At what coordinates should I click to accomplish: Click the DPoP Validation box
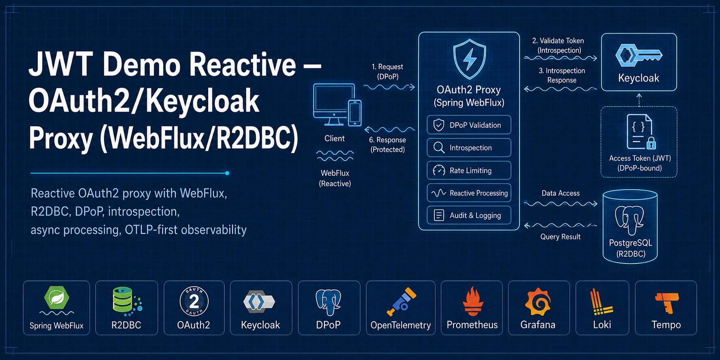[x=469, y=125]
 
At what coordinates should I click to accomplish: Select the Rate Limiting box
[x=469, y=170]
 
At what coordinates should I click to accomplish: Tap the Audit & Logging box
[x=469, y=216]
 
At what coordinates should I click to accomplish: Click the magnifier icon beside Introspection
[x=439, y=148]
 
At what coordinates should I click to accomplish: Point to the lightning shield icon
[x=470, y=59]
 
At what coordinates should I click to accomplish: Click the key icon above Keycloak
[x=638, y=55]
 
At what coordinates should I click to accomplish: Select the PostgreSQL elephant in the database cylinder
[x=629, y=220]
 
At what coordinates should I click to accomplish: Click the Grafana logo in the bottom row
[x=538, y=302]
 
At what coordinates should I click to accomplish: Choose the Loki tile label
[x=602, y=325]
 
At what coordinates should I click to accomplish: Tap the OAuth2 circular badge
[x=194, y=301]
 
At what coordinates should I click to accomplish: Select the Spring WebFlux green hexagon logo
[x=56, y=298]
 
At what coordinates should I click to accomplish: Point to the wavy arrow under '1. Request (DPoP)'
[x=389, y=87]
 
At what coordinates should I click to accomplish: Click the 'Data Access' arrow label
[x=560, y=193]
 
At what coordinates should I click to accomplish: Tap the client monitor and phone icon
[x=337, y=105]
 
